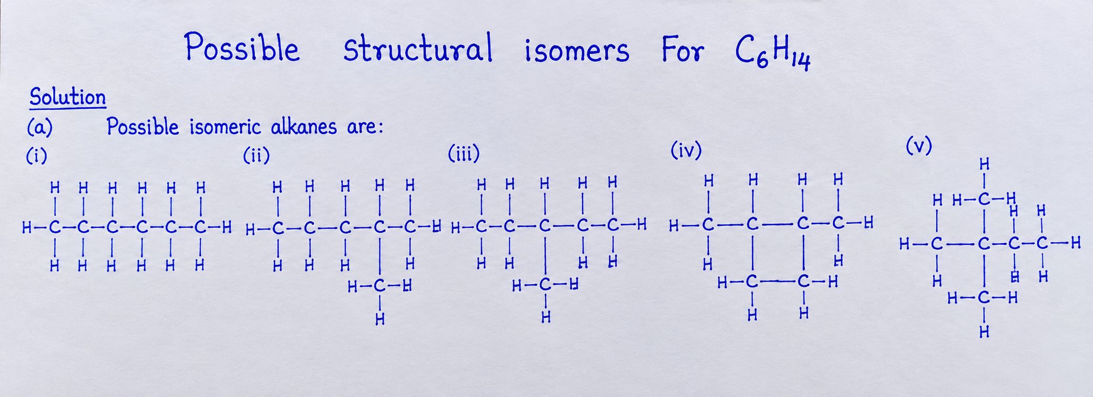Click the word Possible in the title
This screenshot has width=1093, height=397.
(242, 48)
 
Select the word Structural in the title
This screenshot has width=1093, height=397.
(418, 48)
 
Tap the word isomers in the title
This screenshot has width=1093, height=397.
(577, 51)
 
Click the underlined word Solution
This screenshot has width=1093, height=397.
(68, 98)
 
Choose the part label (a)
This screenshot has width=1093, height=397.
(40, 128)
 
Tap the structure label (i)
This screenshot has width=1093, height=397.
(37, 156)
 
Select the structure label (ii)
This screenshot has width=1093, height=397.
(256, 156)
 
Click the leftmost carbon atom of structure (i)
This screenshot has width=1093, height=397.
(54, 228)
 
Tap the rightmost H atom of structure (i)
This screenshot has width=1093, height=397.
(227, 228)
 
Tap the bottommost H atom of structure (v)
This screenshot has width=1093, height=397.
(984, 332)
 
